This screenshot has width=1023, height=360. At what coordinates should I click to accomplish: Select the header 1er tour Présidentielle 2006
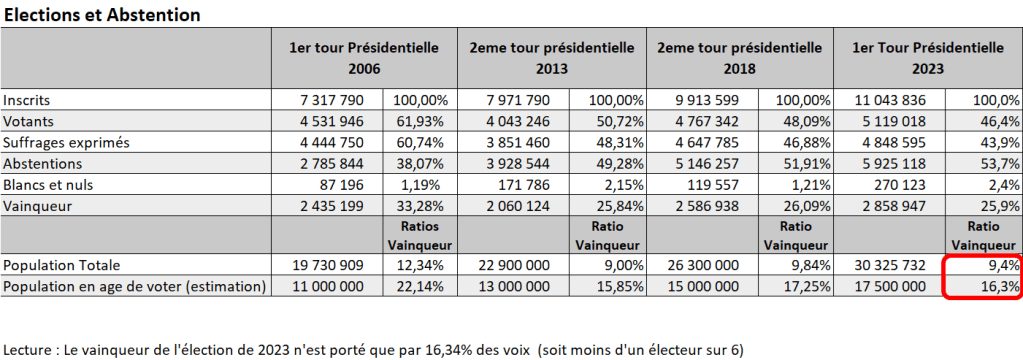click(363, 58)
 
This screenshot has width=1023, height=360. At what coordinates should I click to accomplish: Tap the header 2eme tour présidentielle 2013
click(551, 58)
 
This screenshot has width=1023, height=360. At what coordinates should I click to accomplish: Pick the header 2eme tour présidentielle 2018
click(741, 58)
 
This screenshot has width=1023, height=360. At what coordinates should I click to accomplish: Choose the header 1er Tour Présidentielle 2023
click(927, 58)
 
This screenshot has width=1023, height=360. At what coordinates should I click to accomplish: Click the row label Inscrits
click(27, 101)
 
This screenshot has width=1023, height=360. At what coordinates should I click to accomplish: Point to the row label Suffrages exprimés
click(60, 142)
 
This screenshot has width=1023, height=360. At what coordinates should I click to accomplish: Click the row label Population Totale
click(63, 265)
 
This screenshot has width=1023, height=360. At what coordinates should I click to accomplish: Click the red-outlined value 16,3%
click(1002, 286)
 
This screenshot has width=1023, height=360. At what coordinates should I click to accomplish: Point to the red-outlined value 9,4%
click(1004, 265)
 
